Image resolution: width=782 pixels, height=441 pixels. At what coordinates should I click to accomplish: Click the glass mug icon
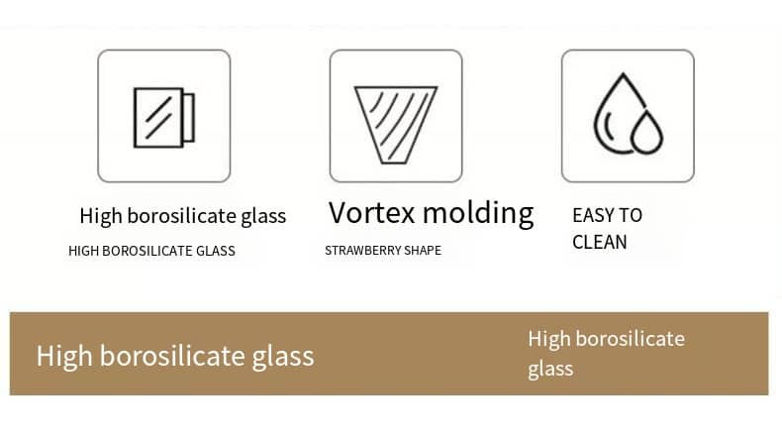pos(163,117)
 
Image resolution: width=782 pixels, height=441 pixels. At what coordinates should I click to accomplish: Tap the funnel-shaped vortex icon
pos(396,125)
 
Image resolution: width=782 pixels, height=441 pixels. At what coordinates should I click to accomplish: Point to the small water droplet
pos(647,133)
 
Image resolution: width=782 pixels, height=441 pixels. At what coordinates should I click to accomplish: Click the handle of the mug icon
pos(188,117)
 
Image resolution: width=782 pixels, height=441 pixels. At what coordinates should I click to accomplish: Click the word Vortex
pos(371,212)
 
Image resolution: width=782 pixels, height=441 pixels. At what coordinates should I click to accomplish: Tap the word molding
pos(478,214)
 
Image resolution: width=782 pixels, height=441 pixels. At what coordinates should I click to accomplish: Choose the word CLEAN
pos(600,242)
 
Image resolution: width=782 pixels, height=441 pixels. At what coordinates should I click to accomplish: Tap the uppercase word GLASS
pos(216,251)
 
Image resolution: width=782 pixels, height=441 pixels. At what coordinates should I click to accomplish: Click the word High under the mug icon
pos(101,216)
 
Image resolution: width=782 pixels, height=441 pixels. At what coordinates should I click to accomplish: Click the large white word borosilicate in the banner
pos(172,356)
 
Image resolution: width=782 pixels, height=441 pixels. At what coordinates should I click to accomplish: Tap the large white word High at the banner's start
pos(64,357)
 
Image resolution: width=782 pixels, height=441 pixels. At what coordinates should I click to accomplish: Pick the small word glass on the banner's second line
pos(550,370)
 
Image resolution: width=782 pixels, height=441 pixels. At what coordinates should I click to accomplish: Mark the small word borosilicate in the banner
pos(631,339)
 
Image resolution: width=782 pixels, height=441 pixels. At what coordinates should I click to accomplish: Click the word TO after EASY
pos(631,215)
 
